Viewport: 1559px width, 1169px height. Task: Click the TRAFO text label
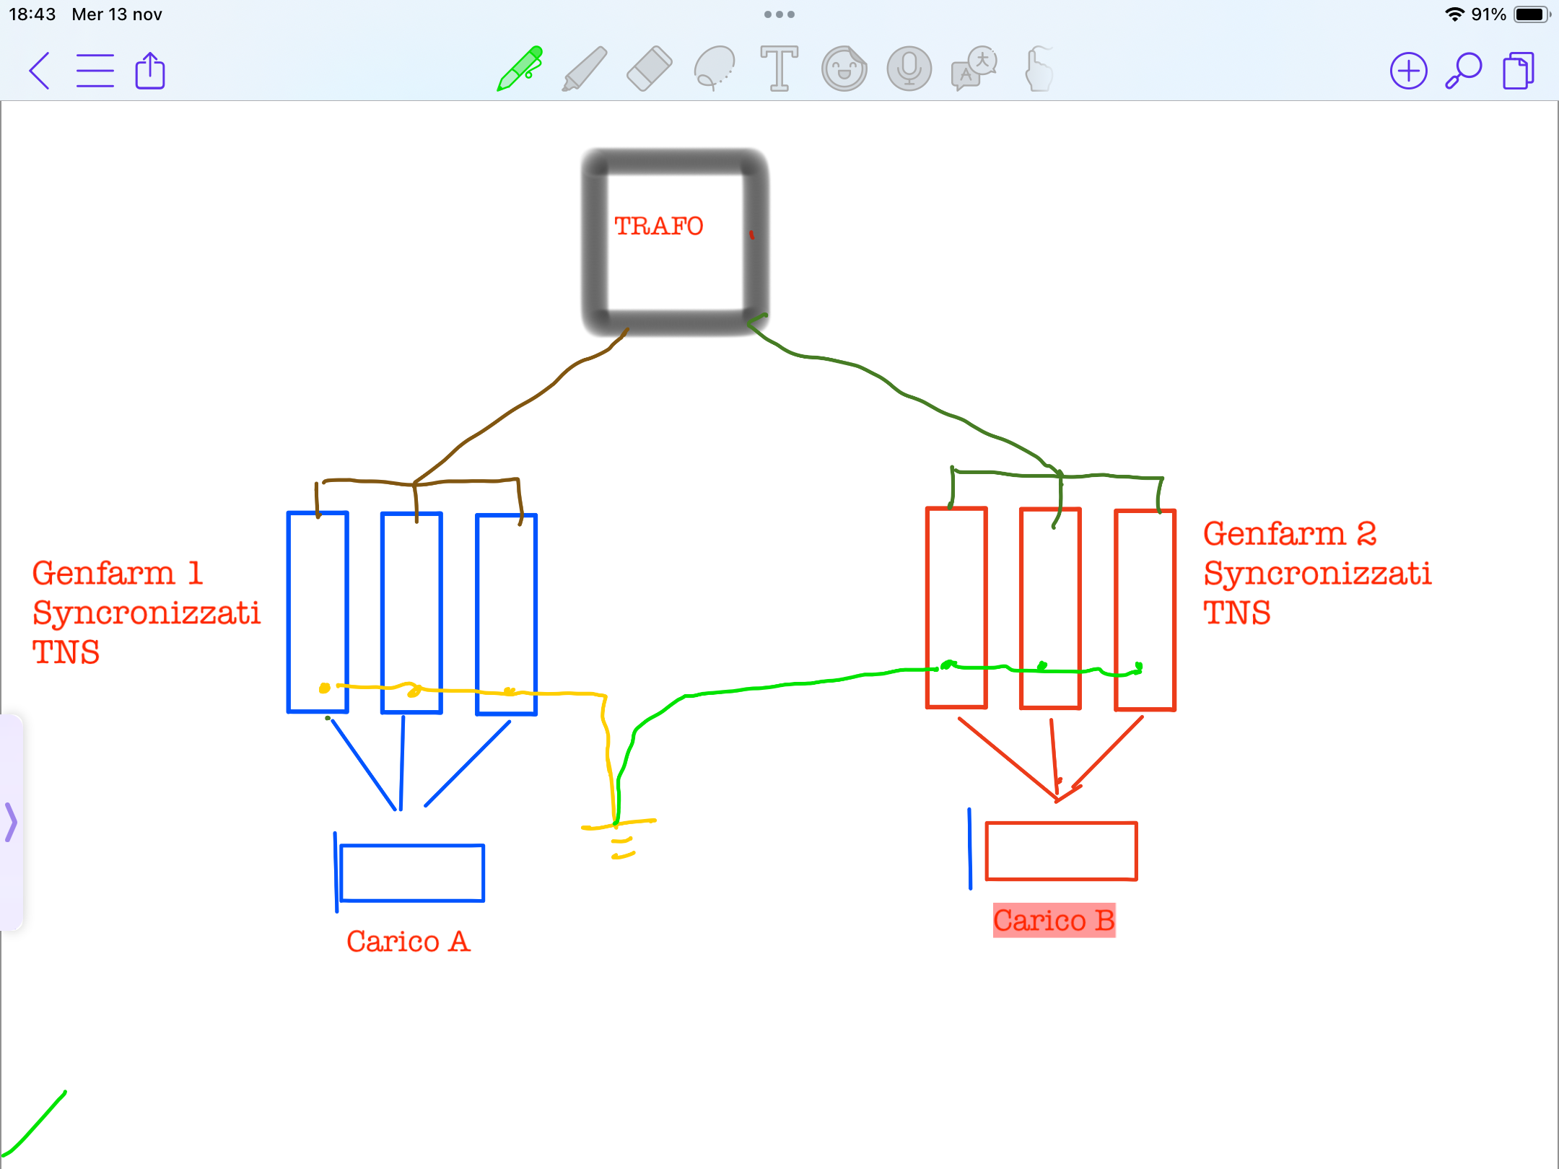click(658, 226)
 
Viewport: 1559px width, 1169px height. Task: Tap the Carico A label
click(409, 941)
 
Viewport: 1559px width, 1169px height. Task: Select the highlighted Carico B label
click(1054, 920)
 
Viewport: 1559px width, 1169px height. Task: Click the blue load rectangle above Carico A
click(412, 872)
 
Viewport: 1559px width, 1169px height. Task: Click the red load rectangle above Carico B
click(1061, 851)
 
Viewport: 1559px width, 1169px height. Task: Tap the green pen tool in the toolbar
click(520, 69)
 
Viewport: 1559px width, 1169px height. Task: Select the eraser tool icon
click(650, 69)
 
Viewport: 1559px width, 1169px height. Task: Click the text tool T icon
click(779, 69)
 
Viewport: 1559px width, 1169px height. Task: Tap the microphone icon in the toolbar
click(909, 69)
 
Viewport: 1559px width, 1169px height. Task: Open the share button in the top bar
click(150, 70)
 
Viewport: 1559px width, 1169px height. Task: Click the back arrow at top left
click(40, 71)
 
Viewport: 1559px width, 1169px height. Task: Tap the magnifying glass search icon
click(1463, 71)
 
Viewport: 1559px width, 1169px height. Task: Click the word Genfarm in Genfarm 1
click(104, 573)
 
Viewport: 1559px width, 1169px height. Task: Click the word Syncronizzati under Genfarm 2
click(1317, 574)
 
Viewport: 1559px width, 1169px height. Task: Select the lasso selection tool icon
click(715, 69)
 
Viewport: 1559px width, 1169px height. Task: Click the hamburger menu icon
click(95, 71)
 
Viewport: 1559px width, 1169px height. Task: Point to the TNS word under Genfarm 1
click(66, 652)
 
